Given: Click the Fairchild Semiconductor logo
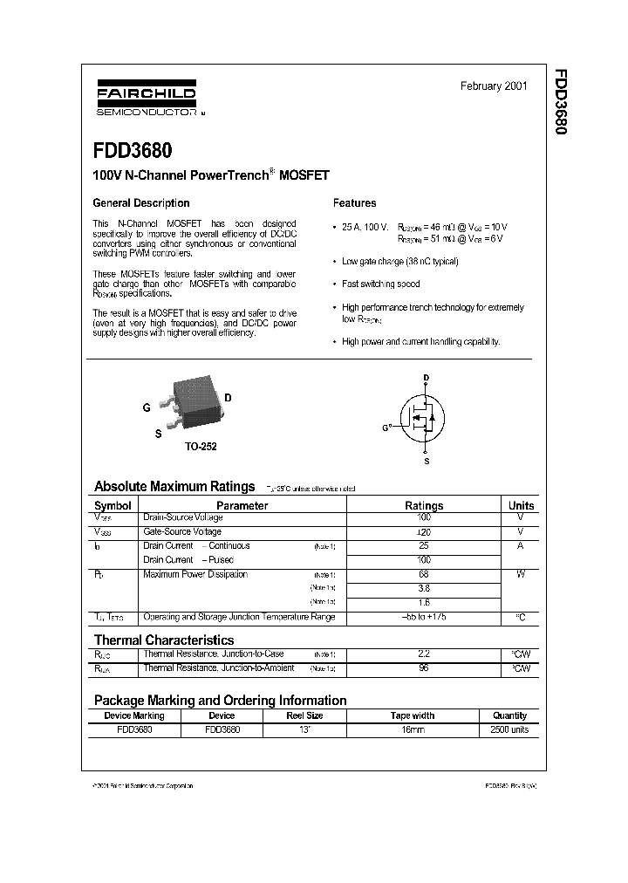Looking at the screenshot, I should tap(145, 99).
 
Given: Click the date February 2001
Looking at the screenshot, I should tap(494, 86).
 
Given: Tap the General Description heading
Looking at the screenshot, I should tap(140, 203).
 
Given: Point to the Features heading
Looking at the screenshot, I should tap(355, 203).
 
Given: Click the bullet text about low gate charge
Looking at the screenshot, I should tap(399, 261).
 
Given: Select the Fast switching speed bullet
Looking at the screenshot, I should tap(380, 284).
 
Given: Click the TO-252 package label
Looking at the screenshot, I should tap(200, 446).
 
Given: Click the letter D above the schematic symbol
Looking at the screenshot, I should tap(426, 378).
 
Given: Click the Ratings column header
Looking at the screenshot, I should tap(424, 505).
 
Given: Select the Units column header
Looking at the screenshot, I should tap(521, 505).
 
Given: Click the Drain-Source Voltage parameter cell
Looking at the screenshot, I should tap(182, 517).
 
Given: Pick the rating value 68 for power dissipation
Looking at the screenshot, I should tap(424, 574).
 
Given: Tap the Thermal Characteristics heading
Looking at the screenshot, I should tap(163, 640).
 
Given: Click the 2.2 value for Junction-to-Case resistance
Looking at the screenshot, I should tap(424, 654).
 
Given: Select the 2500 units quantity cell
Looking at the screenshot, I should tap(509, 729).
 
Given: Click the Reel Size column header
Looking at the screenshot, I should tap(304, 715).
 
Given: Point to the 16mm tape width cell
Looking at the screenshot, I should tap(412, 729).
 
